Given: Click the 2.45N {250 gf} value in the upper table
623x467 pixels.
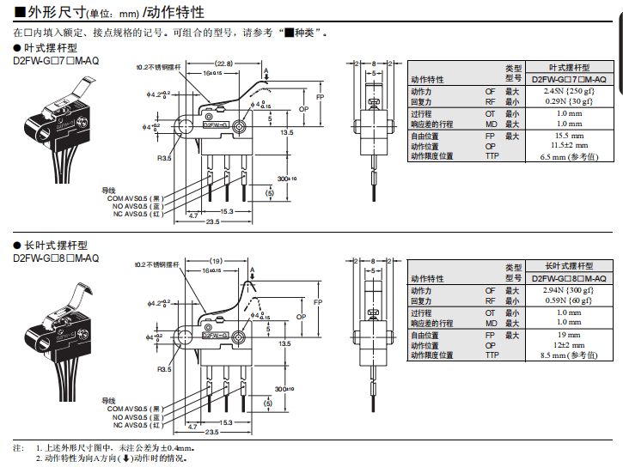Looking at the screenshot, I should (569, 90).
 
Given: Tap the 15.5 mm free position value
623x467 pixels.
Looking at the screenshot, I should (569, 136).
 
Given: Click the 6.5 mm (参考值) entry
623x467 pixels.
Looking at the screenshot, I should (569, 156).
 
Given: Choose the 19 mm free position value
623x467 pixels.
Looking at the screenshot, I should (569, 336).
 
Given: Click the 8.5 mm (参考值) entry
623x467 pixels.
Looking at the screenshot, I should (569, 355).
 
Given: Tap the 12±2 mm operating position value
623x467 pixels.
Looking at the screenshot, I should (569, 345).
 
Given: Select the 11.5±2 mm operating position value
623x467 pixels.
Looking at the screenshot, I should (569, 146).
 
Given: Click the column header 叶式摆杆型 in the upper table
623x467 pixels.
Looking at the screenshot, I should (569, 67).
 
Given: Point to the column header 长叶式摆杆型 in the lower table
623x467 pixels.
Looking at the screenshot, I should (569, 267).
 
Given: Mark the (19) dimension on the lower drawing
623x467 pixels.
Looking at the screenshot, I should (217, 260).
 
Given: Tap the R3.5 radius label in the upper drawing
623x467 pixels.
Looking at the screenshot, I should (164, 158).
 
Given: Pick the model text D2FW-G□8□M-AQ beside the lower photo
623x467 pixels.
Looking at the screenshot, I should (56, 258).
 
